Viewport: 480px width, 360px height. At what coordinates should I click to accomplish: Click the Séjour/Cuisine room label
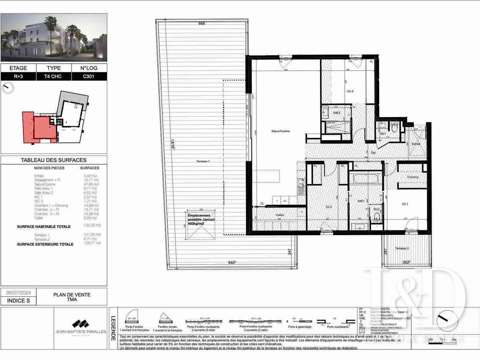click(x=270, y=131)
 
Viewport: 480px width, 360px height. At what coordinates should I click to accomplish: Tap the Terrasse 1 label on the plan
click(x=203, y=161)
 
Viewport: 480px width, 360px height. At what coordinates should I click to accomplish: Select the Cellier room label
click(x=280, y=215)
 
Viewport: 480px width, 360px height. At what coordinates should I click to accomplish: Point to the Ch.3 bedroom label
click(x=350, y=92)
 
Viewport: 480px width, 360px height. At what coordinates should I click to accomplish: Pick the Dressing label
click(x=412, y=177)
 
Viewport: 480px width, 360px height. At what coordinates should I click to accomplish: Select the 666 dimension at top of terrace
click(x=202, y=24)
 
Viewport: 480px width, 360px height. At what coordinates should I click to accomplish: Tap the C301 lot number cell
click(x=89, y=76)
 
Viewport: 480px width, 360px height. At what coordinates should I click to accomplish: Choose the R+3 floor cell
click(x=18, y=76)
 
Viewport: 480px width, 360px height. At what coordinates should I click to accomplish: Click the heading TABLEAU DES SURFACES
click(x=54, y=160)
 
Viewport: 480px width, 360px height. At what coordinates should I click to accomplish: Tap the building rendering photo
click(x=54, y=37)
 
